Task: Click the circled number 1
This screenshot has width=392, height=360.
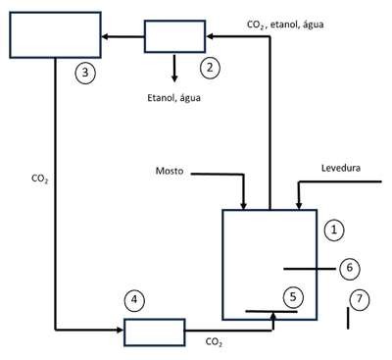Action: tap(334, 231)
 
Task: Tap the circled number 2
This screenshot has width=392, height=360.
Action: tap(210, 68)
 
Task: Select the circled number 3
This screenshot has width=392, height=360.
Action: tap(85, 73)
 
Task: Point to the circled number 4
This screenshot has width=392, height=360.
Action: tap(134, 299)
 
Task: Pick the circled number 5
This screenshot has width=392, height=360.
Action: tap(293, 297)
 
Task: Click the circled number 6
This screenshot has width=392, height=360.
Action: tap(350, 268)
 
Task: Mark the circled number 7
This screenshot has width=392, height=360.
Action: tap(360, 299)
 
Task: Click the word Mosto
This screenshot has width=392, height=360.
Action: tap(170, 171)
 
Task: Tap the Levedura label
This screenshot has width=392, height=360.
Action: tap(341, 168)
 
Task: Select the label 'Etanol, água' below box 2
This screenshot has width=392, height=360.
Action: tap(173, 98)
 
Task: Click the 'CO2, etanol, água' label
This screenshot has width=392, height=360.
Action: tap(285, 25)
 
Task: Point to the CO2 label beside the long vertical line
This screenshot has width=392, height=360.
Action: tap(40, 179)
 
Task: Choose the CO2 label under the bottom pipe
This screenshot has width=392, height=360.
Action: tap(215, 342)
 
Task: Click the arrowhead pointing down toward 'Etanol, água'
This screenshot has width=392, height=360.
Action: tap(174, 78)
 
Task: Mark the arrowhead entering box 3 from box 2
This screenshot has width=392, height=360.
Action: tap(105, 36)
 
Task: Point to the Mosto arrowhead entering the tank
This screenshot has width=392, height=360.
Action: tap(243, 206)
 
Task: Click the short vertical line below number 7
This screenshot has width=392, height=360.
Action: tap(348, 318)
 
